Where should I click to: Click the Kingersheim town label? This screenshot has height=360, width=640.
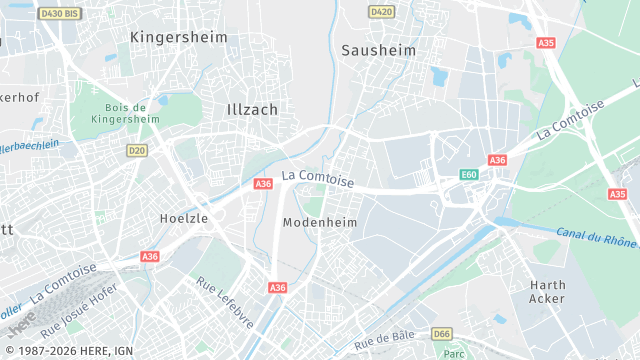point(179,37)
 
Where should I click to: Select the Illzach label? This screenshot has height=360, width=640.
point(252,108)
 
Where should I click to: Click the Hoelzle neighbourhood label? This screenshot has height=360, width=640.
point(184,217)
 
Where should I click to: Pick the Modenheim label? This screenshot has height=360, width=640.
point(320,222)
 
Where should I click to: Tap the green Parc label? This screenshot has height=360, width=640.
point(455,353)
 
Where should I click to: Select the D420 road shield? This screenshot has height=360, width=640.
point(381,12)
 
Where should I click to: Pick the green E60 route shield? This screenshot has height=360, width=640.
point(468,175)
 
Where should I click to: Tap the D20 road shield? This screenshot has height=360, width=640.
point(137,150)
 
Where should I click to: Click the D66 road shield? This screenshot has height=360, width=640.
point(442,333)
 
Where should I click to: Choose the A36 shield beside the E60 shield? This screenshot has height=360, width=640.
point(497,160)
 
